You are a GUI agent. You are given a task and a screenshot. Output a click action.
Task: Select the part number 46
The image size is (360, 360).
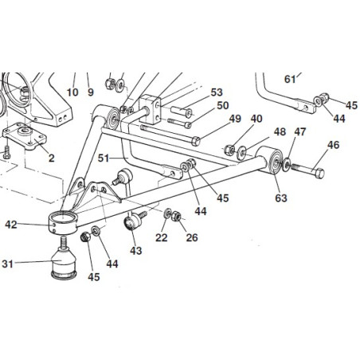tap(332, 145)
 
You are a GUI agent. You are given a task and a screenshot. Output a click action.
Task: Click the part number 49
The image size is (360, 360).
tap(234, 119)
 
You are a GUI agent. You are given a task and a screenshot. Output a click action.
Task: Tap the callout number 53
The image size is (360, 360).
tap(216, 92)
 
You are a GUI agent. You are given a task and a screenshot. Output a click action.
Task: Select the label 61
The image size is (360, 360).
tap(290, 78)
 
